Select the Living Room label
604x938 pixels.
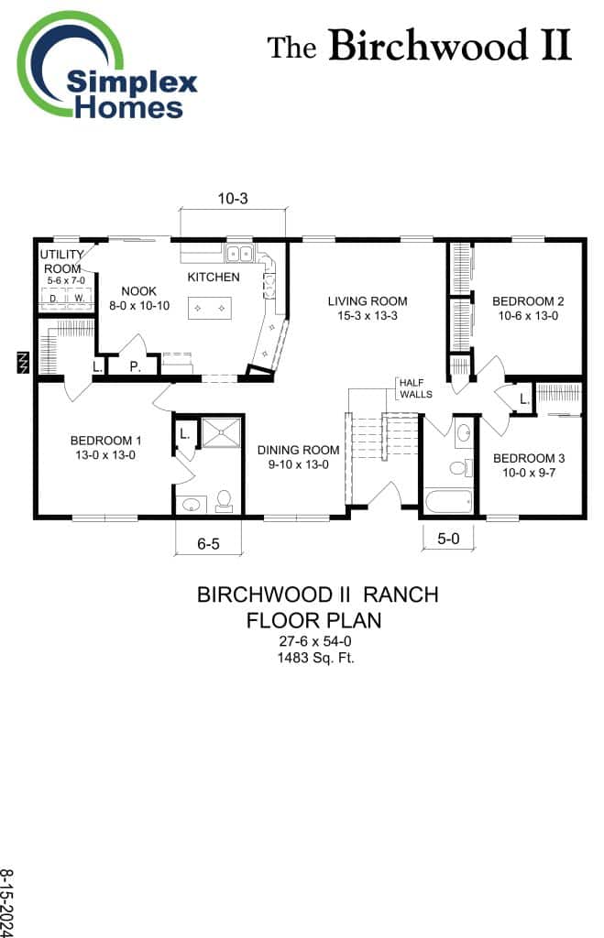click(368, 308)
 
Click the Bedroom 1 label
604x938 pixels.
click(104, 446)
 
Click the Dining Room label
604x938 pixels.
click(298, 456)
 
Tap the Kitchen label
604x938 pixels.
click(214, 277)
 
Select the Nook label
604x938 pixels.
click(139, 298)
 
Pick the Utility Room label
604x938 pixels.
click(62, 261)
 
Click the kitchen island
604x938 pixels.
click(209, 309)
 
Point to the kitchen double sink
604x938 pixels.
click(240, 253)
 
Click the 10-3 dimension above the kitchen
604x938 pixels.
click(233, 199)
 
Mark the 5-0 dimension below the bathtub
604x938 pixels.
click(448, 540)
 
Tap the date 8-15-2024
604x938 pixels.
click(8, 902)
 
